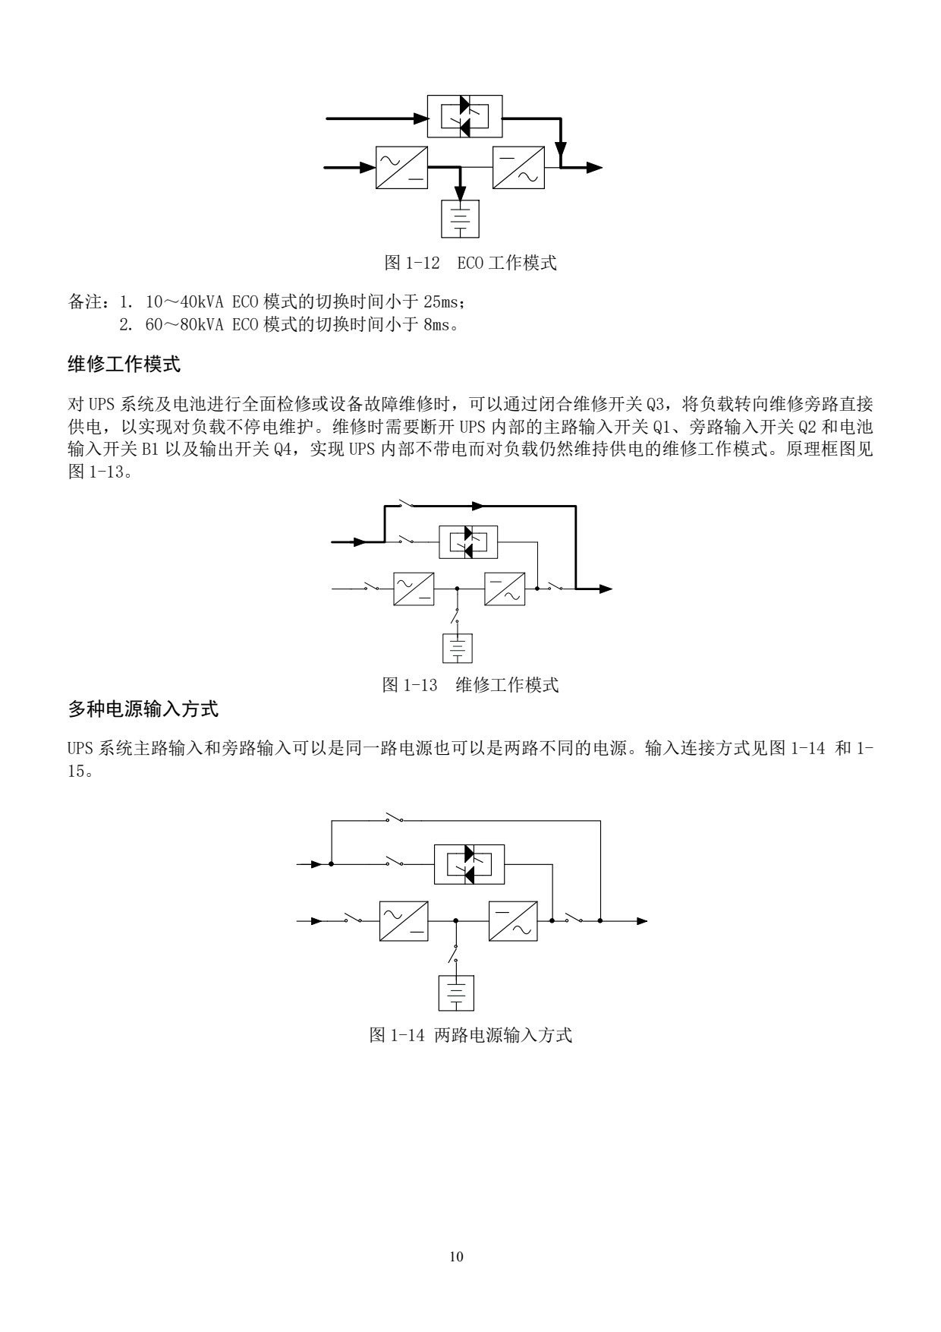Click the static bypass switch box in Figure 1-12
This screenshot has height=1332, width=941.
tap(464, 117)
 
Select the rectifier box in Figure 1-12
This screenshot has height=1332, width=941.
tap(401, 167)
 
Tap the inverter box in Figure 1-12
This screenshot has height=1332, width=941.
tap(518, 167)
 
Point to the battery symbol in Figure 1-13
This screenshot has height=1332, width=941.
tap(458, 647)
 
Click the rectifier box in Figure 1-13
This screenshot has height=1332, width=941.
tap(414, 589)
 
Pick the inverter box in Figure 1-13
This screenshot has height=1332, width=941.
tap(504, 589)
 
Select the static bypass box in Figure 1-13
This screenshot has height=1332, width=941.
tap(468, 542)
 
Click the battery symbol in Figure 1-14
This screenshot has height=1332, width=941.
tap(456, 993)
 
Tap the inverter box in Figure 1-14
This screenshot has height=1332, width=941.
tap(513, 921)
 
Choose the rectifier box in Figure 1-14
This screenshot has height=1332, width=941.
tap(404, 921)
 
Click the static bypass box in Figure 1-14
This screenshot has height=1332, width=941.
tap(469, 864)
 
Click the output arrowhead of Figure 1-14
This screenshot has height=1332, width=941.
tap(642, 921)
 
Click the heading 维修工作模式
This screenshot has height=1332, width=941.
tap(124, 365)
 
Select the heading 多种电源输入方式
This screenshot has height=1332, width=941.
tap(143, 710)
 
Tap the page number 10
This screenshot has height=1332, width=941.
tap(456, 1257)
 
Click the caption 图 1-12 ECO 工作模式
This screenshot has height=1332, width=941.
tap(470, 264)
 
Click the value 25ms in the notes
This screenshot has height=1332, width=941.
tap(440, 302)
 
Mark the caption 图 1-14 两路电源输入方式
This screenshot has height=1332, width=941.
tap(470, 1034)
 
